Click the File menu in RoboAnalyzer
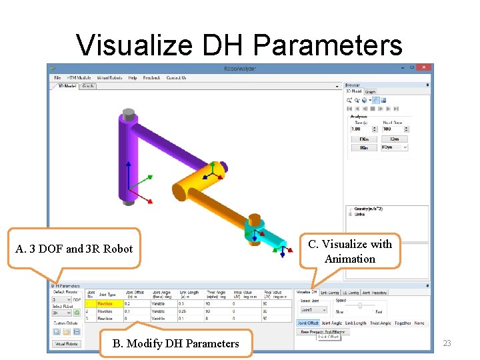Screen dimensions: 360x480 [x=57, y=78]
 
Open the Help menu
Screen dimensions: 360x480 [x=133, y=78]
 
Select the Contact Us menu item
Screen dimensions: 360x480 [x=176, y=78]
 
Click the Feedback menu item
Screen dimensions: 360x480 [x=151, y=78]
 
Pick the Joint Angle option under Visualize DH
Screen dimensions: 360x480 [x=331, y=323]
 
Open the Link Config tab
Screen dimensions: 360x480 [x=330, y=293]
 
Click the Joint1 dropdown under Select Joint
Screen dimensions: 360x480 [x=313, y=310]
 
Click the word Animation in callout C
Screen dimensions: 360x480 [x=350, y=259]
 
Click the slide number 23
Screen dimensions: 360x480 [x=447, y=343]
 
